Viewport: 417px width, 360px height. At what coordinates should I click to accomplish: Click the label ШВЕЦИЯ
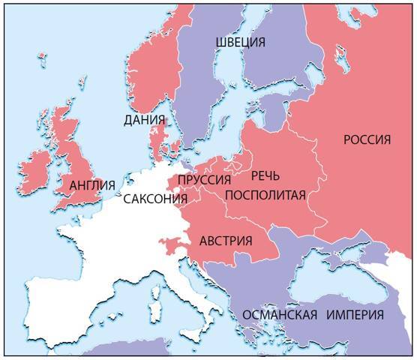coord(239,43)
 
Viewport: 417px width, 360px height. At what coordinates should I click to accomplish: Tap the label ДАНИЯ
coord(145,119)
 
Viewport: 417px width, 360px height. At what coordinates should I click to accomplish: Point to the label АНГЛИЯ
coord(91,184)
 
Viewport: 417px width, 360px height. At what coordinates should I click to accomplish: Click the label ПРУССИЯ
coord(203,180)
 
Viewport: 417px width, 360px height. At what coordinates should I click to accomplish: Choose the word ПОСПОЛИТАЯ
coord(265,196)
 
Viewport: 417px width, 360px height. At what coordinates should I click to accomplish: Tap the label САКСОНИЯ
coord(155,199)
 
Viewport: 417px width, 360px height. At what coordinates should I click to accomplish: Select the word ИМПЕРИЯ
coord(355,313)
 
